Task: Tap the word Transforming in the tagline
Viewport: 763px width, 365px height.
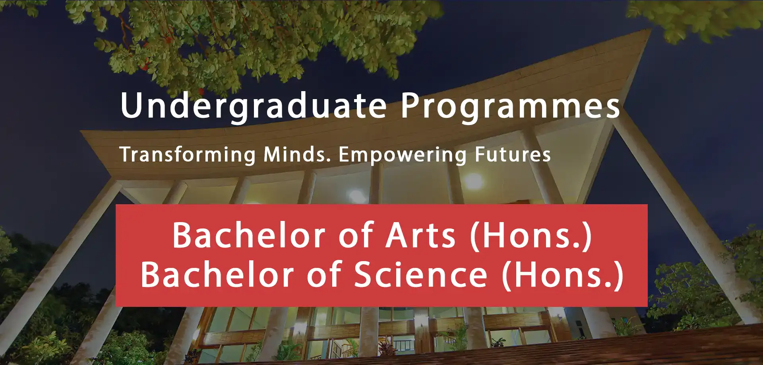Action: click(188, 154)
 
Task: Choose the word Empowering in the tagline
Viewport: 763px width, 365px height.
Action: click(403, 155)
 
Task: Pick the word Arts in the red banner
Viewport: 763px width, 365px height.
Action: click(421, 236)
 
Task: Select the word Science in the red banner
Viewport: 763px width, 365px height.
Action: click(421, 274)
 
